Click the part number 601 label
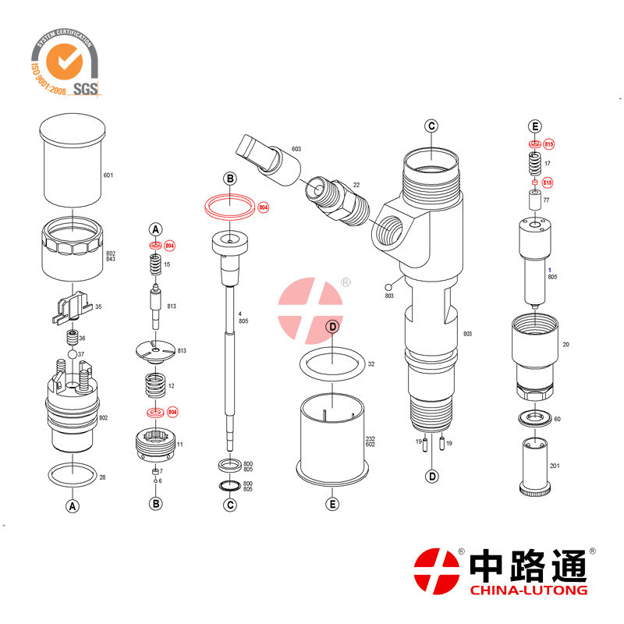pyautogui.click(x=108, y=175)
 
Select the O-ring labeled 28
pyautogui.click(x=73, y=473)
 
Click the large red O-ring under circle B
pyautogui.click(x=230, y=207)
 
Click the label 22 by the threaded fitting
pyautogui.click(x=356, y=185)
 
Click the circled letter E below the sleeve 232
pyautogui.click(x=332, y=504)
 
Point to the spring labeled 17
pyautogui.click(x=534, y=163)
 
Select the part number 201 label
pyautogui.click(x=555, y=466)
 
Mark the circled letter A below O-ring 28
pyautogui.click(x=73, y=505)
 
